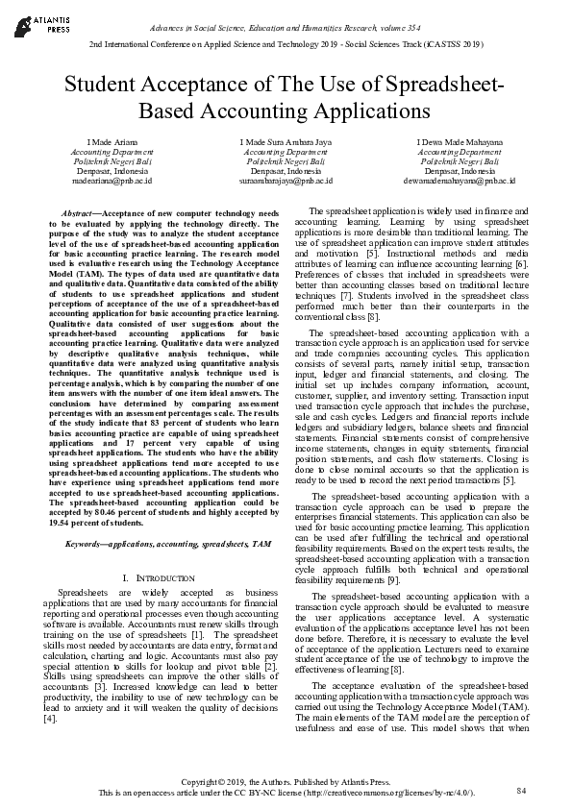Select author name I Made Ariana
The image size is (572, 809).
coord(92,141)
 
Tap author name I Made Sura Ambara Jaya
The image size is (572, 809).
coord(286,141)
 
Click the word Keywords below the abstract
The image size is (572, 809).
coord(85,544)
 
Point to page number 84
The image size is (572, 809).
coord(522,790)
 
